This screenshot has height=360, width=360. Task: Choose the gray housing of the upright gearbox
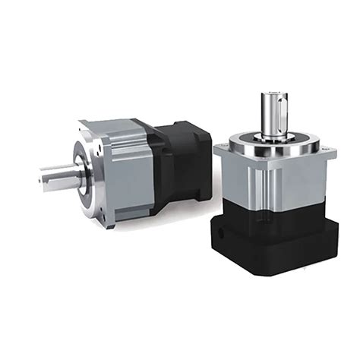(273, 182)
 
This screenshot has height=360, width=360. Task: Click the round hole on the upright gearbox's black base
(219, 226)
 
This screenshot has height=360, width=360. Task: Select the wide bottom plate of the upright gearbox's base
(277, 254)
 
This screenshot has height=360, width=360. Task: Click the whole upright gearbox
(273, 190)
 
